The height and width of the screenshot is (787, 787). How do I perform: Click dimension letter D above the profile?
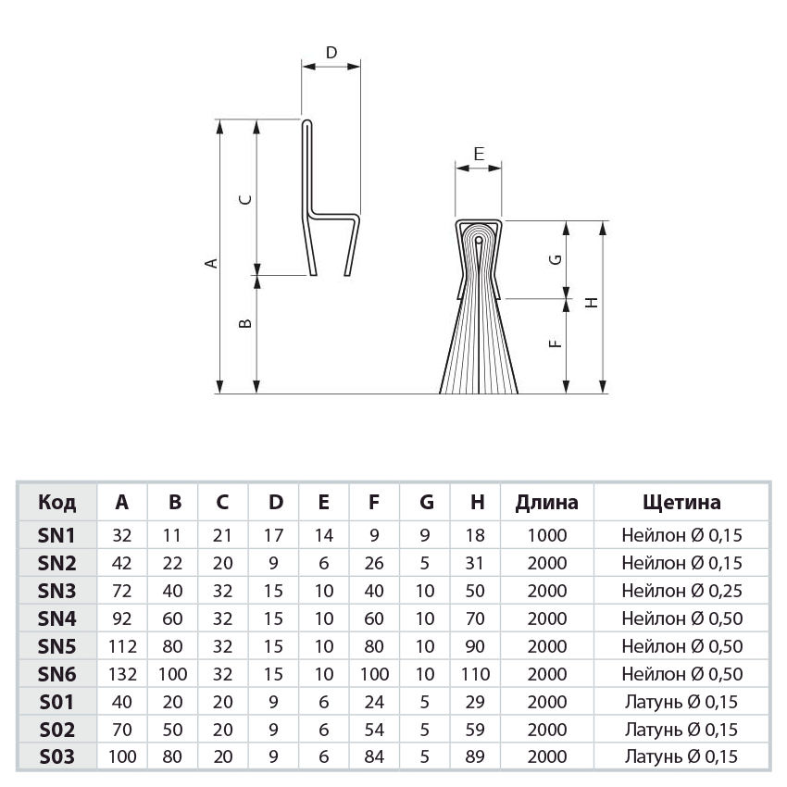coord(331,53)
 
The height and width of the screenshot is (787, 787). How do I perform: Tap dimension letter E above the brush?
coord(478,155)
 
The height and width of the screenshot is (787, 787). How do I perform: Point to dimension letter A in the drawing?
coord(211,263)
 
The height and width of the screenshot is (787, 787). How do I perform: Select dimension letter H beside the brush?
coord(592,301)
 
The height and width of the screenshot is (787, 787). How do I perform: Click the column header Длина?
coord(546,503)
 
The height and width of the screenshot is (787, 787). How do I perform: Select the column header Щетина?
coord(681,503)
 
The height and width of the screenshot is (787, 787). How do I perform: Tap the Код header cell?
coord(57,503)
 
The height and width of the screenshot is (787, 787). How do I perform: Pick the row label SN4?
coord(56,618)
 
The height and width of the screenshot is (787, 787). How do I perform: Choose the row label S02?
coord(56,729)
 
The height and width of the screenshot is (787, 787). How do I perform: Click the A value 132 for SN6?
coord(122,673)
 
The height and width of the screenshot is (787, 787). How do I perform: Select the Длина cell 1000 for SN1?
coord(546,534)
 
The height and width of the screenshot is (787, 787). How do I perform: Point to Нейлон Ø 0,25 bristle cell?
coord(681,590)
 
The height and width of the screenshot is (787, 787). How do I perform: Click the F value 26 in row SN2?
coord(373,562)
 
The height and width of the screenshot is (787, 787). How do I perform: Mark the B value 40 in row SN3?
coord(175,590)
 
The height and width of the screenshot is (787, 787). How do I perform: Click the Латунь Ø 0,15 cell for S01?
coord(681,701)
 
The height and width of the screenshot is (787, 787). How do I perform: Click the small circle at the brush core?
coord(478,241)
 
